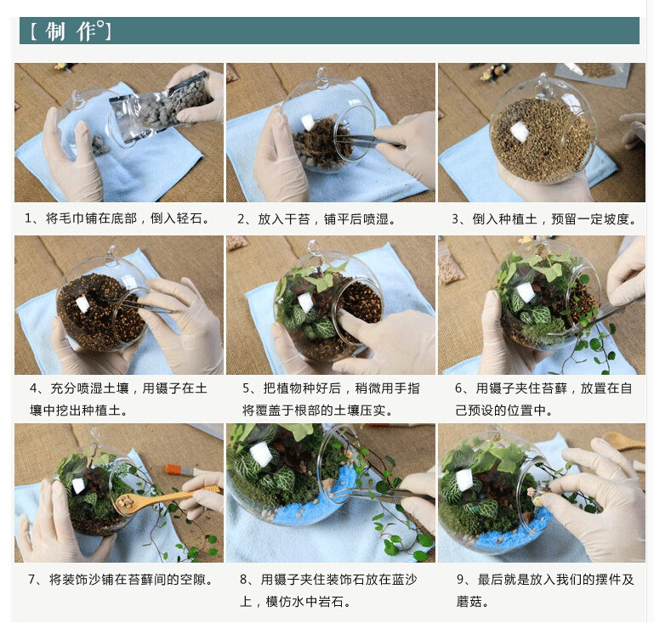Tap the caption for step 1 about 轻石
(x=117, y=218)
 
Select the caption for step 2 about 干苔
(x=317, y=218)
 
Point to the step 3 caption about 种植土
(x=544, y=218)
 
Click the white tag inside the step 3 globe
(x=520, y=131)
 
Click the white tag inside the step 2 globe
(x=307, y=123)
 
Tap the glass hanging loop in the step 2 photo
(x=321, y=78)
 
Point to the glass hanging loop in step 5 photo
(x=313, y=248)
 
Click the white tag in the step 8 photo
(x=261, y=454)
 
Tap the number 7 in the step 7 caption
(x=31, y=580)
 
